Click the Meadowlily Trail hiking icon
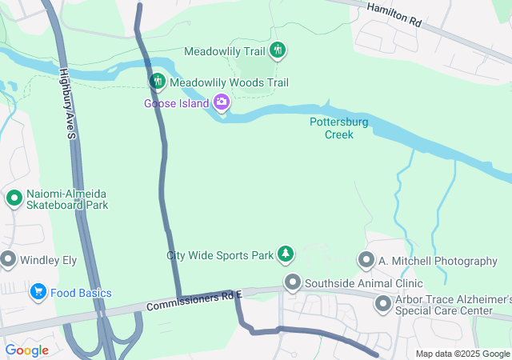click(278, 51)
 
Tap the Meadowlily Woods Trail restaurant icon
click(158, 82)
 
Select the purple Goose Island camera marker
click(222, 102)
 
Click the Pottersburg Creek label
click(338, 128)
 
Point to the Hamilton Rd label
click(394, 14)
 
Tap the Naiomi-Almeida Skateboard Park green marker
click(14, 198)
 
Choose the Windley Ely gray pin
click(9, 260)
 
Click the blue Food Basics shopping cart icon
click(38, 293)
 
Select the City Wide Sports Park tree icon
click(285, 255)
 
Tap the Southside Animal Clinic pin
click(293, 282)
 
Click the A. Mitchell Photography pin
click(366, 261)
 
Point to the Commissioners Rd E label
click(194, 301)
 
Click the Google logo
click(26, 350)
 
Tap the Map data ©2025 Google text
click(462, 354)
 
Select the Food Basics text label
click(82, 294)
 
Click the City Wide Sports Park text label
click(218, 256)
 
